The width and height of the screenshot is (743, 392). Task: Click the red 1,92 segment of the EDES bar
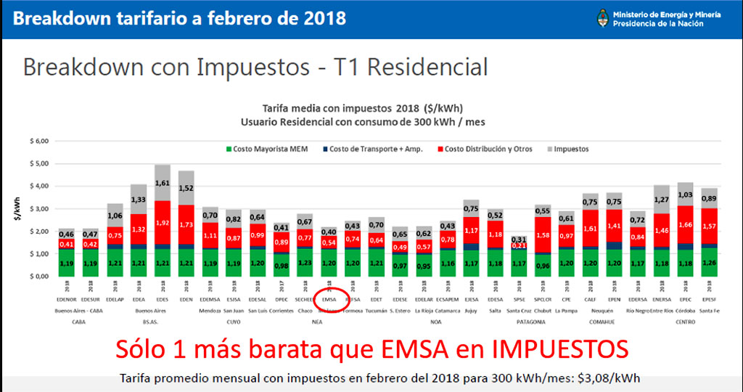163,224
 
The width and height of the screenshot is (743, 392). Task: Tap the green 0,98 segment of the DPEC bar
281,264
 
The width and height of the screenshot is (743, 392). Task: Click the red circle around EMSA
329,299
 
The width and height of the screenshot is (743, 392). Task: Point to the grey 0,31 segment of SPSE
519,239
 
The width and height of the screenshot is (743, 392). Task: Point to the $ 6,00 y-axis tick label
37,141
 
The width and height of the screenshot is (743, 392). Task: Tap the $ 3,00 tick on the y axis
37,209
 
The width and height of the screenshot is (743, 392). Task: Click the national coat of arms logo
602,17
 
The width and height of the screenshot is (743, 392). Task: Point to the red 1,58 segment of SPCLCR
541,234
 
